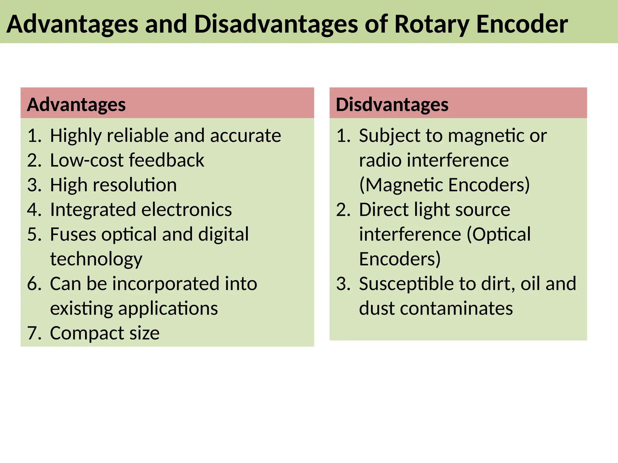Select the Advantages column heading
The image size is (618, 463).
(x=76, y=105)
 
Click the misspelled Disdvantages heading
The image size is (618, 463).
(x=392, y=105)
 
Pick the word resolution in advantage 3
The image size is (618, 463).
(x=135, y=185)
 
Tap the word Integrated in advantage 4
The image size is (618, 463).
(x=93, y=209)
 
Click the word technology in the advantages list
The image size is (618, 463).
(x=96, y=259)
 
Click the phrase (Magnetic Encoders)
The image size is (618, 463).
(x=444, y=185)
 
